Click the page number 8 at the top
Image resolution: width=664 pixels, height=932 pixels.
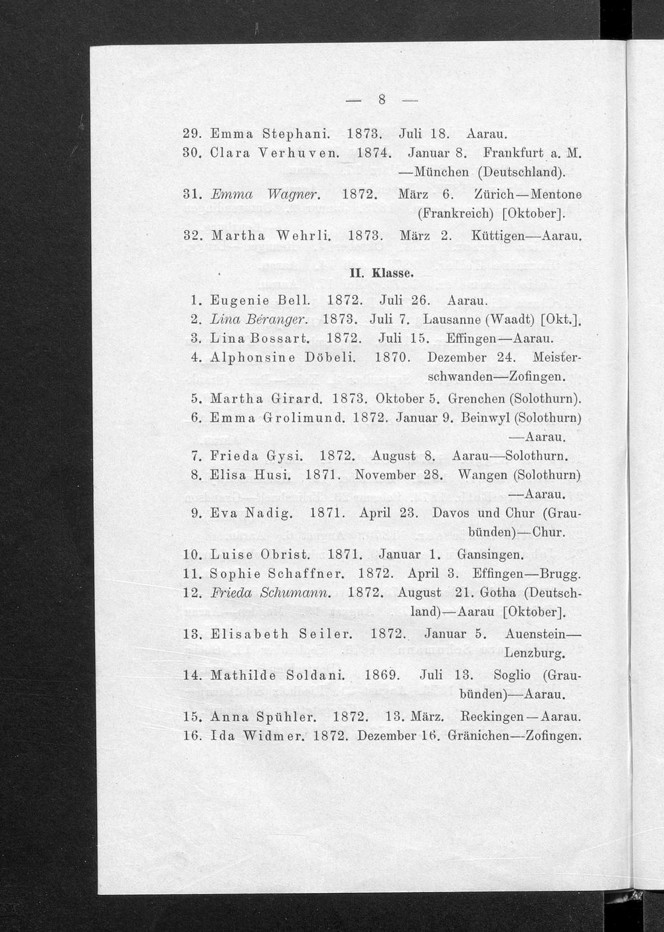pyautogui.click(x=382, y=101)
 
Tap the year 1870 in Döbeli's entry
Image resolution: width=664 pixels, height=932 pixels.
pyautogui.click(x=390, y=358)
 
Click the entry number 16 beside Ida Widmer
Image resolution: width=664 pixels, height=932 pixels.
pyautogui.click(x=191, y=736)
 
